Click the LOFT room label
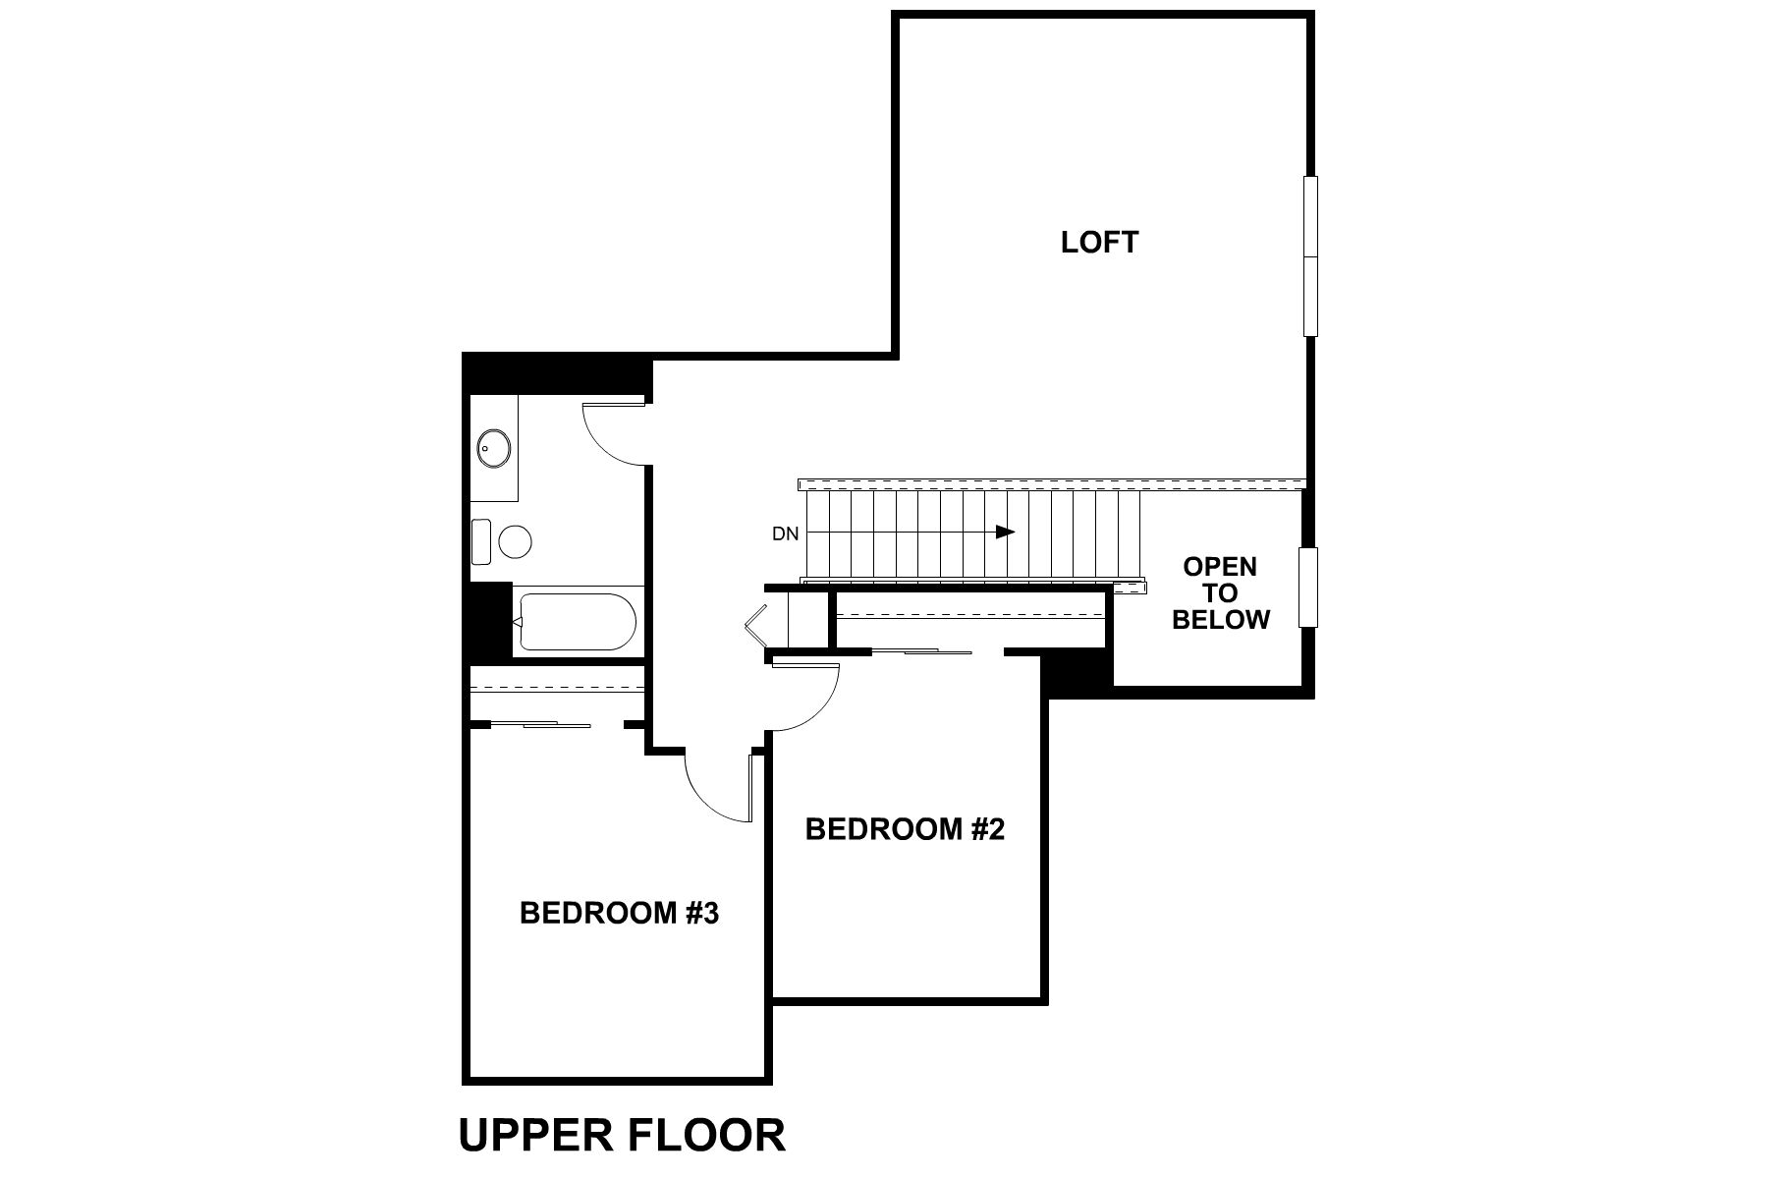[1099, 242]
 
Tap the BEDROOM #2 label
[905, 829]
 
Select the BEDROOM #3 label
[619, 914]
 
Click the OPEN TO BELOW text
[1220, 593]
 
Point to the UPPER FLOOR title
[622, 1135]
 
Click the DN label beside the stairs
[785, 534]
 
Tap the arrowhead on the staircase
[1005, 532]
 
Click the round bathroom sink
[493, 450]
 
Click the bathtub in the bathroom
[577, 621]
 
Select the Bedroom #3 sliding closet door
[539, 725]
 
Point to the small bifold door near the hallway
[756, 624]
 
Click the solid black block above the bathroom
[556, 374]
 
